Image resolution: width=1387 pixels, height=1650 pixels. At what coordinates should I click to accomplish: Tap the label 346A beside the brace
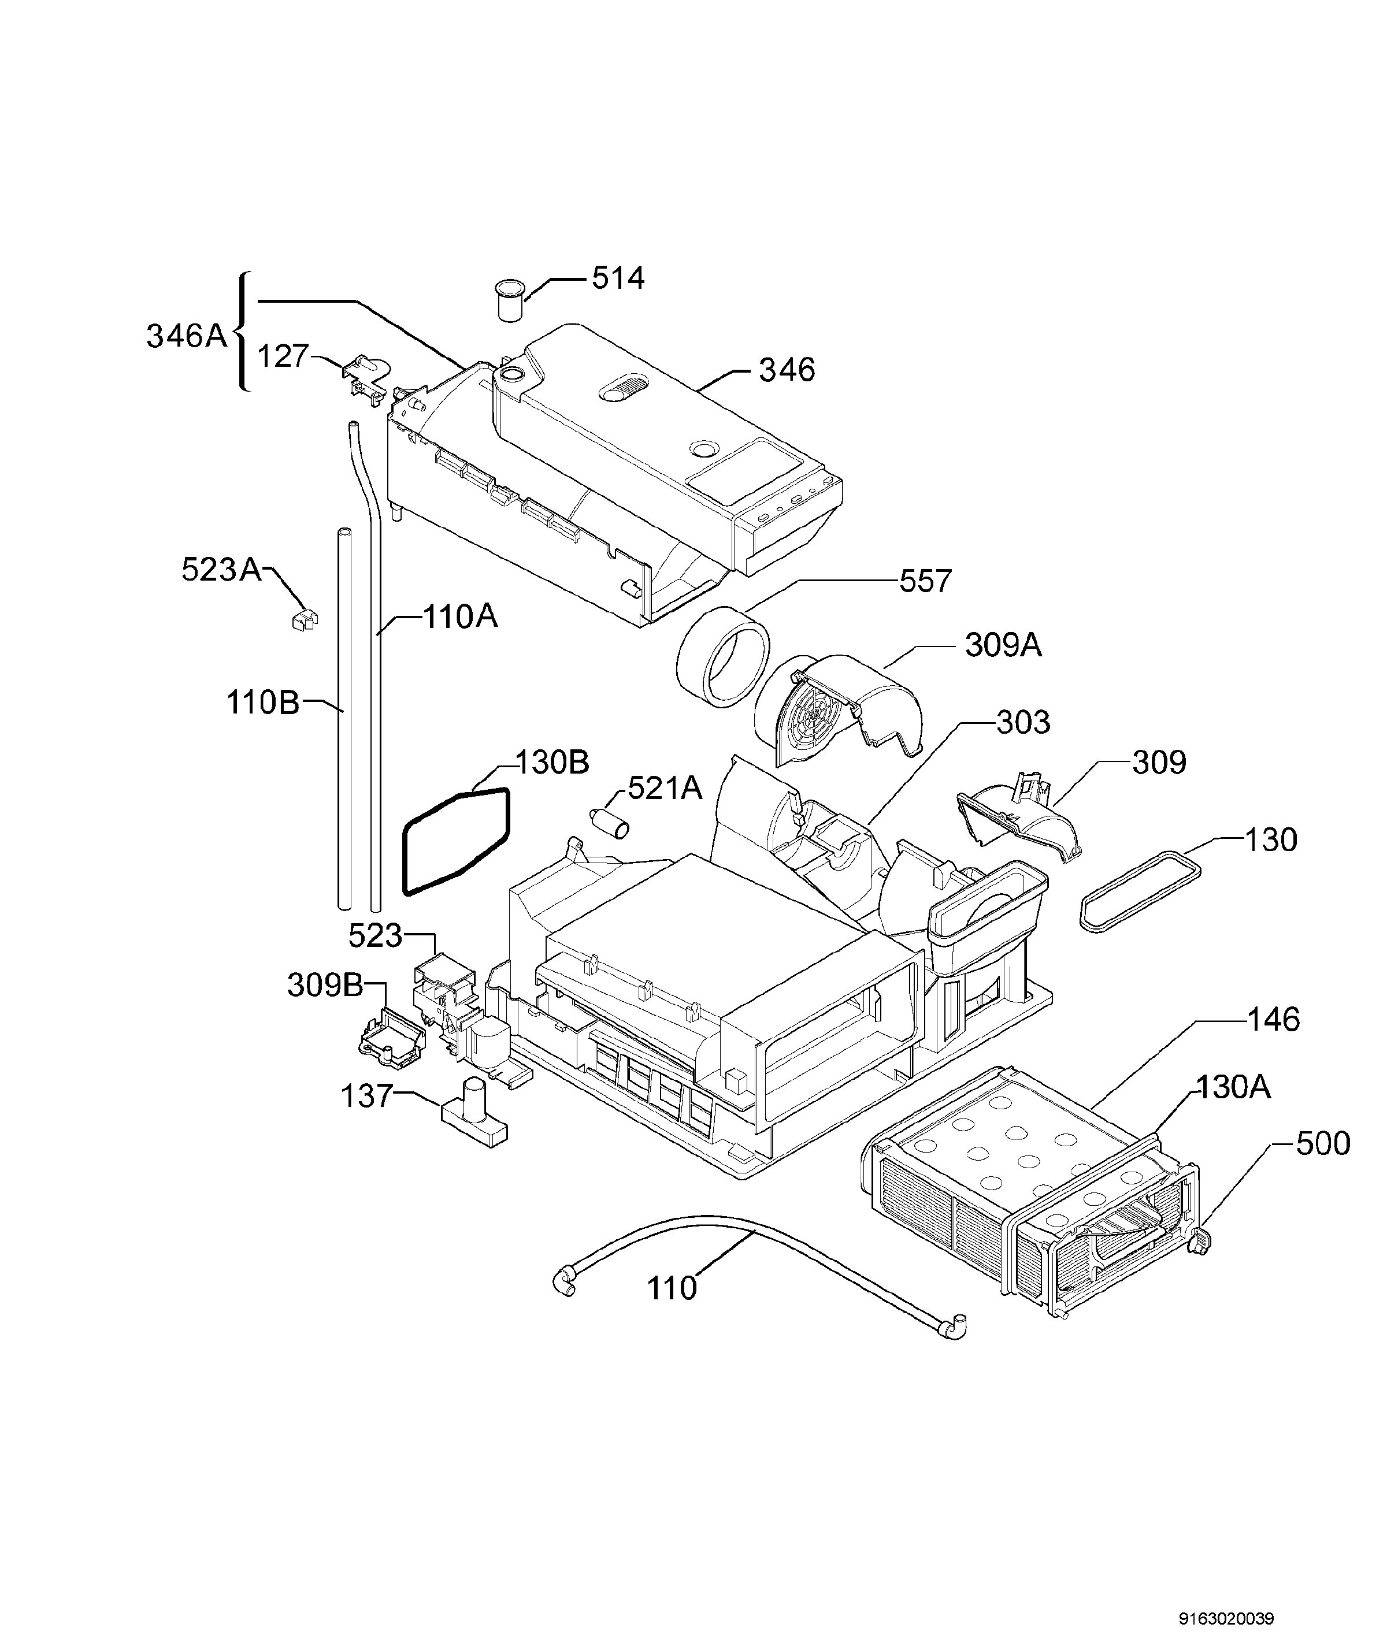point(186,336)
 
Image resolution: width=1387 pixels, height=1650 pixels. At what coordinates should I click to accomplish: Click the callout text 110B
point(262,702)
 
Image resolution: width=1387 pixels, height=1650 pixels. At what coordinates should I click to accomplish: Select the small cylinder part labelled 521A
point(611,823)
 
